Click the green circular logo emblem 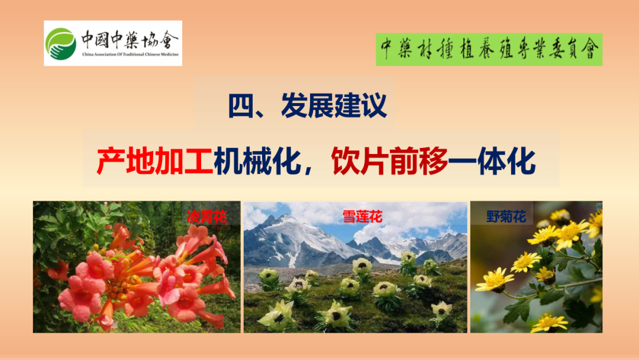[61, 44]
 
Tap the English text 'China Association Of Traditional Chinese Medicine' [130, 54]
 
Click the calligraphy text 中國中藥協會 [130, 40]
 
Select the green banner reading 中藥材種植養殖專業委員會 [489, 49]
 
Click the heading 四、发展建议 [307, 105]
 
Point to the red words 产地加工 [155, 162]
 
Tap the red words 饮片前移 [389, 162]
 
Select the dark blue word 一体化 [492, 162]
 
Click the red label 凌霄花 [206, 217]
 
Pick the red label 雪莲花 [362, 217]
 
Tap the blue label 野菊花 [506, 217]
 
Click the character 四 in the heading [241, 106]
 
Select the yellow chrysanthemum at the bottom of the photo [549, 323]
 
